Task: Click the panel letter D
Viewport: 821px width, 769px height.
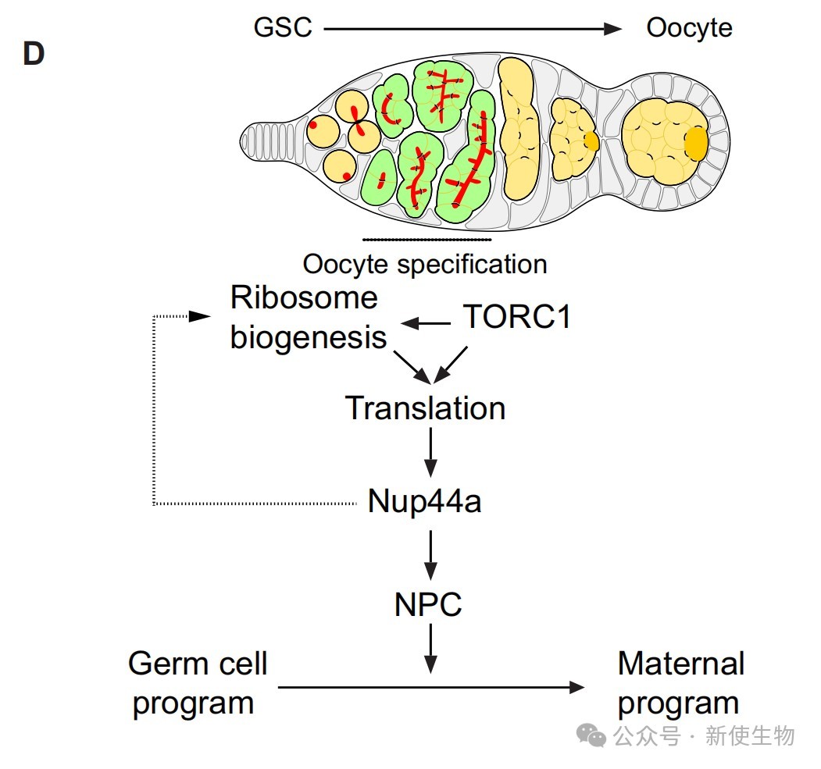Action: [x=33, y=54]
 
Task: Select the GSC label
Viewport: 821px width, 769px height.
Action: [x=283, y=28]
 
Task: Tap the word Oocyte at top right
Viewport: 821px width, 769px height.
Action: [x=689, y=28]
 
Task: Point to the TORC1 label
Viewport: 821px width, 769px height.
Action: [x=517, y=317]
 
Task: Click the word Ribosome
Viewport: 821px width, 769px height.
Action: [x=304, y=297]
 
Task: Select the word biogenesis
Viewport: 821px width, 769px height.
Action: [x=309, y=337]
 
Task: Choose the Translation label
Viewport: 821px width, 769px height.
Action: [x=426, y=408]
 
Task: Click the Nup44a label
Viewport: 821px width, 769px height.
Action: [x=424, y=502]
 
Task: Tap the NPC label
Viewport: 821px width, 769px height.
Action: [x=429, y=603]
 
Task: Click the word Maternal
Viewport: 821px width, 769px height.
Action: [x=680, y=664]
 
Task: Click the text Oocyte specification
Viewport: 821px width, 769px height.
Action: [x=425, y=264]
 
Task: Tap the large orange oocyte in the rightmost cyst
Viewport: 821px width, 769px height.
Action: [x=696, y=143]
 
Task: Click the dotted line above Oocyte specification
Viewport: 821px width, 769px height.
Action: [x=427, y=239]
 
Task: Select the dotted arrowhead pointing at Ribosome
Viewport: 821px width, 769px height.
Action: [x=202, y=316]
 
